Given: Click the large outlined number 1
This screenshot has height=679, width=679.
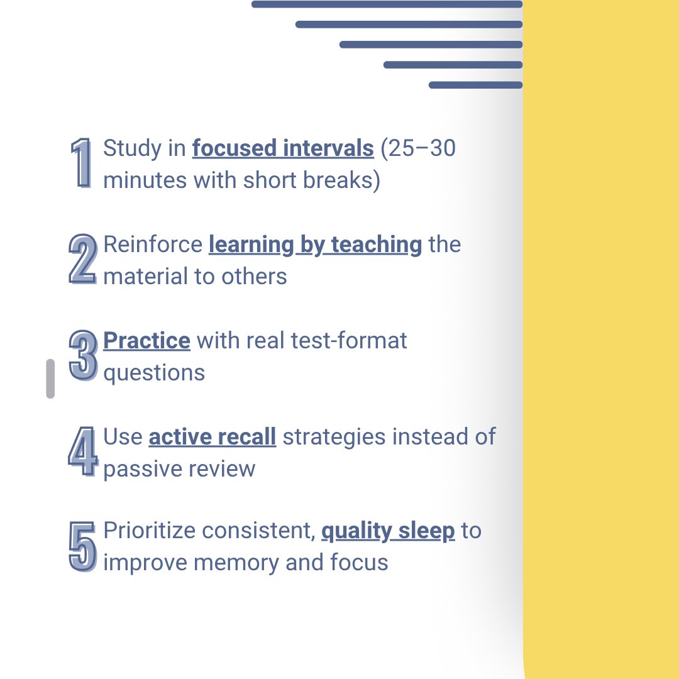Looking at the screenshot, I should pyautogui.click(x=82, y=163).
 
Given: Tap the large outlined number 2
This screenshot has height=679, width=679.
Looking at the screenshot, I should pyautogui.click(x=82, y=259).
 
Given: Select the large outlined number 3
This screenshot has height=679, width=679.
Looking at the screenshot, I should pyautogui.click(x=83, y=356).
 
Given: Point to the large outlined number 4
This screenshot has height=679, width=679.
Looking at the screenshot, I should pyautogui.click(x=83, y=451).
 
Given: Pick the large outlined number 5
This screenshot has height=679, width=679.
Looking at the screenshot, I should pyautogui.click(x=82, y=546).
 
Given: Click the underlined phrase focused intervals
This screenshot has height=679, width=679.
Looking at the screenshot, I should pyautogui.click(x=283, y=149).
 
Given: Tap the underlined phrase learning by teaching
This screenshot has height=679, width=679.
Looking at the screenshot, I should pyautogui.click(x=315, y=245).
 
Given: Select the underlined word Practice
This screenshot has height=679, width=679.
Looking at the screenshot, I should pyautogui.click(x=146, y=341).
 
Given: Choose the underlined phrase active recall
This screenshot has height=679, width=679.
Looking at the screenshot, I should pyautogui.click(x=213, y=437).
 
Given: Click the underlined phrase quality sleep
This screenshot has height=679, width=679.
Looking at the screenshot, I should pyautogui.click(x=388, y=531).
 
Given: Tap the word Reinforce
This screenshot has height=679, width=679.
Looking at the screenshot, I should pyautogui.click(x=153, y=245).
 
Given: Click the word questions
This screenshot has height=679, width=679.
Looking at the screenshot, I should pyautogui.click(x=154, y=373).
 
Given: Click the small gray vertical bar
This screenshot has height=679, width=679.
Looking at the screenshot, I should pyautogui.click(x=50, y=378).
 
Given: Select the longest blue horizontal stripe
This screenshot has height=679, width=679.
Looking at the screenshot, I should pyautogui.click(x=387, y=4).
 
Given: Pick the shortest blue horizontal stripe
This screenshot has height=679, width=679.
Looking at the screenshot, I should pyautogui.click(x=475, y=85).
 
